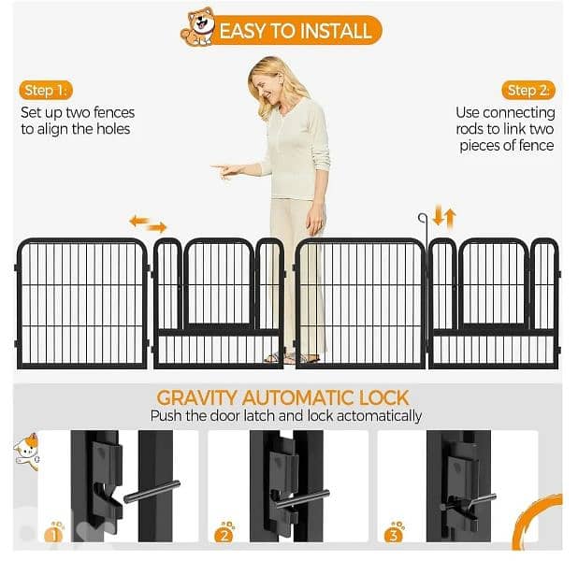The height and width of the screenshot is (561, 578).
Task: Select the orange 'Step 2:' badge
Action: point(529,91)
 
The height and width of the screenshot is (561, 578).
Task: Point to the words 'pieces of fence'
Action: point(506,146)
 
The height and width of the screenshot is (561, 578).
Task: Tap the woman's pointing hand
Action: point(223,170)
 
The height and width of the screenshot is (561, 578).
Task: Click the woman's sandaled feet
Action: point(291,357)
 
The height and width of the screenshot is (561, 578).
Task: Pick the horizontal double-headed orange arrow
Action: point(148,224)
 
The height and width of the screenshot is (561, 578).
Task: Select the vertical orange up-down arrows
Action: point(448,220)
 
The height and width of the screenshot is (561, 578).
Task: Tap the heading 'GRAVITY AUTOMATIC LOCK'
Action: point(282,397)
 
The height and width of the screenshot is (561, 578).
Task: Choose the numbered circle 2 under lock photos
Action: point(224,534)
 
